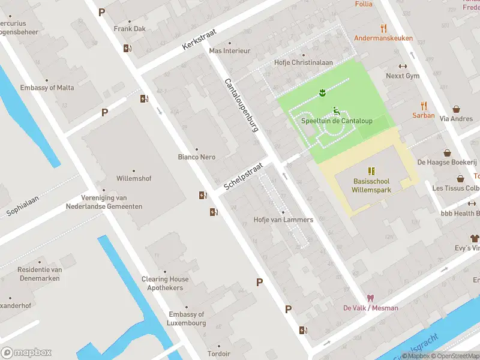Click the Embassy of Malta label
tap(47, 88)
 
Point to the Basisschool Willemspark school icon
tap(371, 170)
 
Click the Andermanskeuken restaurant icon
tap(383, 28)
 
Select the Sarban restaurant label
tap(423, 115)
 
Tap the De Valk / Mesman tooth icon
tap(370, 298)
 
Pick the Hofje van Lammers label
tap(283, 220)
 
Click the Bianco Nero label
tap(196, 157)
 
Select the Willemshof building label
tap(133, 178)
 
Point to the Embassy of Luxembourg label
tap(187, 319)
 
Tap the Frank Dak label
tap(130, 29)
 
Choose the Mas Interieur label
tap(229, 51)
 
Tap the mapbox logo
tap(26, 352)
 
